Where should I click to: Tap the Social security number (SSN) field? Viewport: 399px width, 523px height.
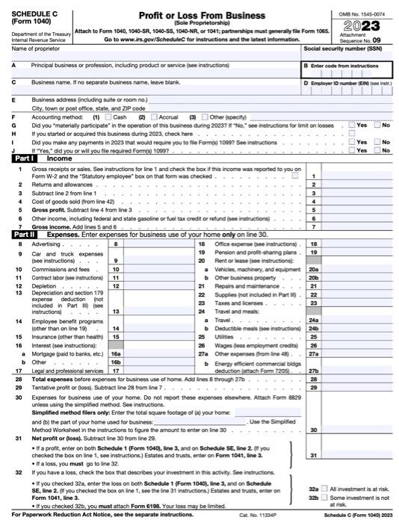pyautogui.click(x=347, y=57)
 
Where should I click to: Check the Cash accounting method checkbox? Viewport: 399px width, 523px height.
pyautogui.click(x=110, y=117)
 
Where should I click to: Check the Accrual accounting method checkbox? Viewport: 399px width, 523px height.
pyautogui.click(x=154, y=117)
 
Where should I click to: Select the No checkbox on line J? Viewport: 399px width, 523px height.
pyautogui.click(x=377, y=149)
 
